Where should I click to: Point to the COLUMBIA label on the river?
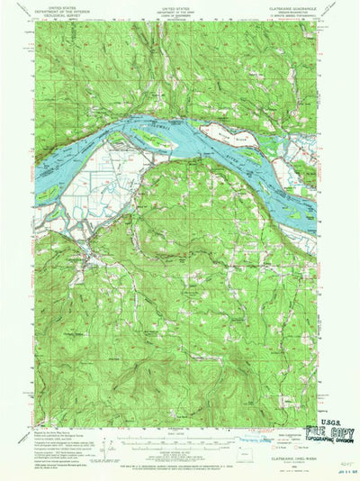coord(175,128)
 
